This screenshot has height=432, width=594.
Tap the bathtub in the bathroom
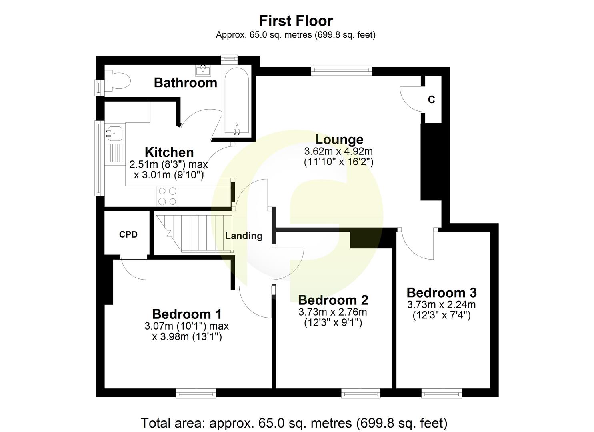(236, 102)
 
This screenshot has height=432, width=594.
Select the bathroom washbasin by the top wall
(203, 71)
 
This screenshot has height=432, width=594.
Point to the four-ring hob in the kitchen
(167, 196)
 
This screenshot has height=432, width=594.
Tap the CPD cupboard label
(128, 235)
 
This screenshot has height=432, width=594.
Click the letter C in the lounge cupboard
(431, 100)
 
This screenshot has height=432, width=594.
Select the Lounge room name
(339, 139)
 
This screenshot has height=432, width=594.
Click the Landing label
(244, 236)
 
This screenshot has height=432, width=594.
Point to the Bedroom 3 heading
(442, 293)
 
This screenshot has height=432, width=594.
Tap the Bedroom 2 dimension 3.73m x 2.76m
(333, 312)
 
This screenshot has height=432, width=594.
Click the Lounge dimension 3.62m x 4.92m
(338, 152)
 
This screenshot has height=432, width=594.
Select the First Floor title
(296, 20)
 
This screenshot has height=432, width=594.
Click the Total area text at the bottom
(294, 423)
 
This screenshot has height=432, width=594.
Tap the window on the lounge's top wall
(341, 71)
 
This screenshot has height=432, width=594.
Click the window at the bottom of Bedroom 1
(196, 394)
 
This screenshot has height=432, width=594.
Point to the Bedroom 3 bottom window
(442, 394)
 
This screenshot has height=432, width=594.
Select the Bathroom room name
(185, 83)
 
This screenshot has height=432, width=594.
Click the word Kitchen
(169, 152)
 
